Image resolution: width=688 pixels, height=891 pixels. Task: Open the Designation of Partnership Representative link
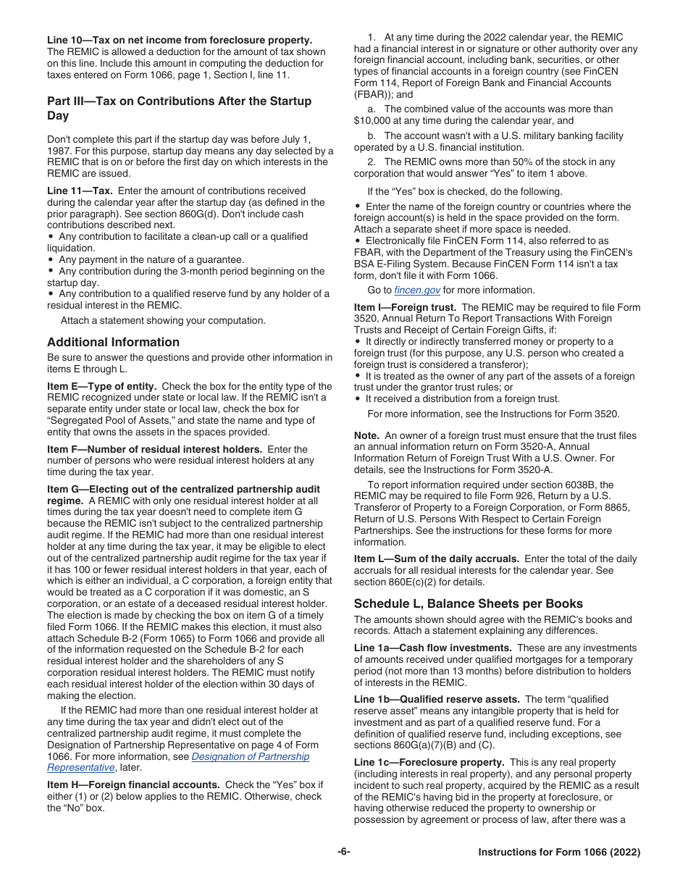coord(250,756)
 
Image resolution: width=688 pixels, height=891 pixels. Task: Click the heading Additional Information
coord(113,342)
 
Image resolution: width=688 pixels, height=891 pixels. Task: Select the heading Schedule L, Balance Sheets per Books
coord(468,603)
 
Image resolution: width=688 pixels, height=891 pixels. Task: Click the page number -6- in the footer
coord(343,852)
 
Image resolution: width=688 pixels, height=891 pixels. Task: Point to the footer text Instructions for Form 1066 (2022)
coord(559,853)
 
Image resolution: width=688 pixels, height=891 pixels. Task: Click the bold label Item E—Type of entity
coord(101,386)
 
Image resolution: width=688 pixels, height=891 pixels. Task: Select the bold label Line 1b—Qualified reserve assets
coord(437,699)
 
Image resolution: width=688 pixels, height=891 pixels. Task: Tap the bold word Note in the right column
coord(366,435)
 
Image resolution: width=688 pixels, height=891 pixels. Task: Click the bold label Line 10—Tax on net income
coord(180,40)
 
